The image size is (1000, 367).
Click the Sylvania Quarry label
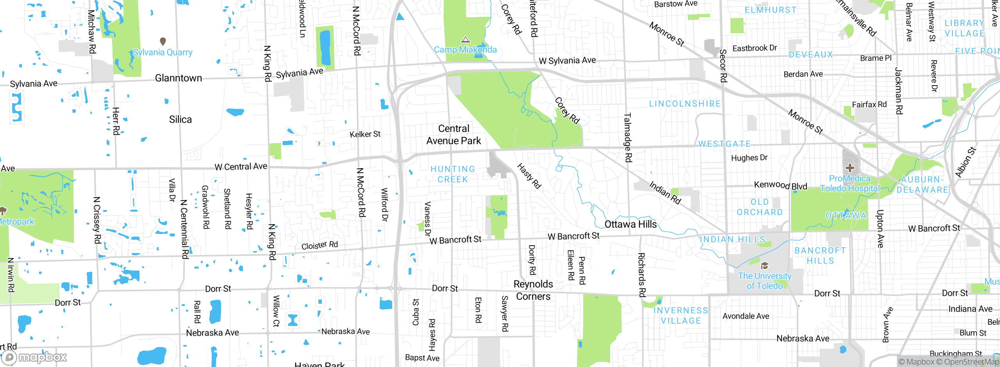[x=162, y=52]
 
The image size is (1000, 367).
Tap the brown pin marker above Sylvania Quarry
[x=163, y=41]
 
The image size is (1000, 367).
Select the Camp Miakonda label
[x=465, y=50]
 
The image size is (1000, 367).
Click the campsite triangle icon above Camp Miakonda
[x=465, y=39]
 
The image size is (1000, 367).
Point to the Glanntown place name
[x=179, y=78]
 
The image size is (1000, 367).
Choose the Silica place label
[x=180, y=119]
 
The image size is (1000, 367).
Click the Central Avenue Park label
[x=454, y=135]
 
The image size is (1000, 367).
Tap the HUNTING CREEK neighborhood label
[x=453, y=174]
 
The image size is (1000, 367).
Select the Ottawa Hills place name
[x=630, y=224]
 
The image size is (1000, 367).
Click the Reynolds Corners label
[x=533, y=290]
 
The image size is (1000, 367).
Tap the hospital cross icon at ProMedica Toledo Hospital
[x=850, y=168]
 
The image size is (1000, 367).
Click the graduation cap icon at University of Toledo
[x=764, y=266]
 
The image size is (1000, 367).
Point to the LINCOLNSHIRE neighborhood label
[x=685, y=104]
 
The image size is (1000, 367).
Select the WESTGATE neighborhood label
[x=724, y=144]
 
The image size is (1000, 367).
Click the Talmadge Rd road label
[x=628, y=137]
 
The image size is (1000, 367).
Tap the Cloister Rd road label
[x=320, y=245]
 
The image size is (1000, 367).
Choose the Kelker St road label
[x=365, y=134]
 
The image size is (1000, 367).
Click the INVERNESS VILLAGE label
[x=681, y=315]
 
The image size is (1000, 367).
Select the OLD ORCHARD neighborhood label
[x=759, y=207]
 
